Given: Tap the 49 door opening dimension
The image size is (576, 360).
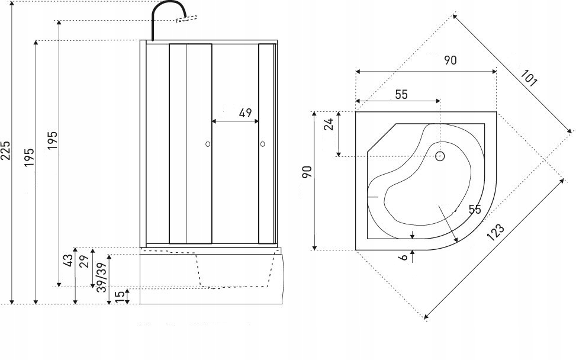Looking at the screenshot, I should [246, 112].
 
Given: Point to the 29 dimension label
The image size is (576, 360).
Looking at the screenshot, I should [85, 261].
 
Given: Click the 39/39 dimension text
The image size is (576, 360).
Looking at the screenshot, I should [101, 277].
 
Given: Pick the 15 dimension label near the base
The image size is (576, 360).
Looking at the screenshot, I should [120, 296].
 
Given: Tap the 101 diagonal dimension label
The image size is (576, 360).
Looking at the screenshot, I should [529, 78].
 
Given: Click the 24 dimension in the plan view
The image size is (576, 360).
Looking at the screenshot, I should [329, 123].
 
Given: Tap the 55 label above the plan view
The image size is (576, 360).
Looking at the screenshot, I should [401, 94].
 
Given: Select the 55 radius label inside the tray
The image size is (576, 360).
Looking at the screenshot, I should [474, 210].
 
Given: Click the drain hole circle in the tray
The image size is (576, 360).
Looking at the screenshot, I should [440, 156].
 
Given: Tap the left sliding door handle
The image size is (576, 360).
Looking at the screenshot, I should [207, 144].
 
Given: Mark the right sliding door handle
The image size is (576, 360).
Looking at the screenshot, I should [262, 144].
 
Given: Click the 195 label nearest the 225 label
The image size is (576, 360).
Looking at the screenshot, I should [29, 157].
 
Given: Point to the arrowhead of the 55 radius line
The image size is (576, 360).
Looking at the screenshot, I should [456, 240].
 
